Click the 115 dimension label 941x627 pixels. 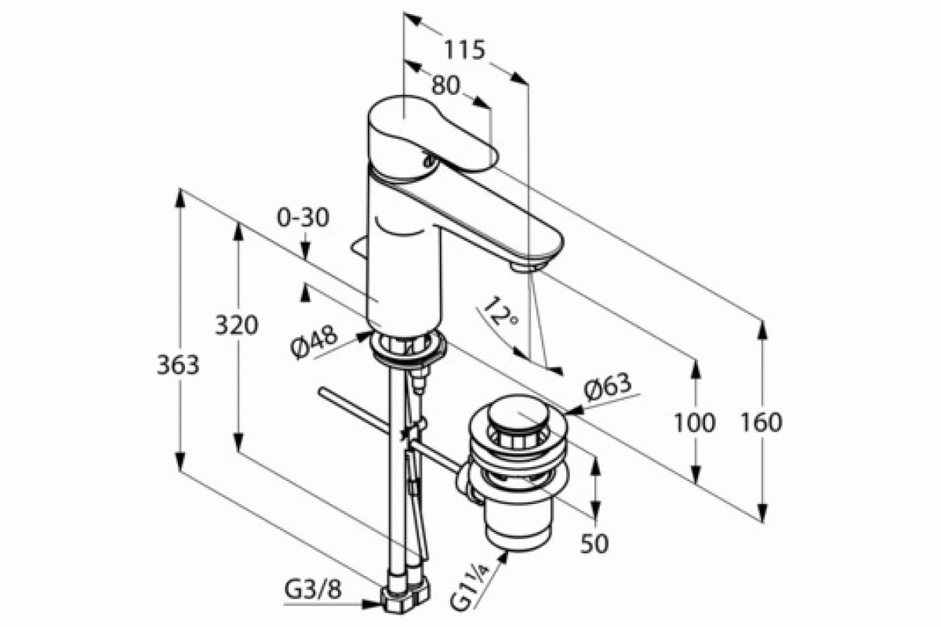(x=464, y=49)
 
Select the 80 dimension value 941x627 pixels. (x=445, y=85)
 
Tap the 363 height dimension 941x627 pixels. (x=178, y=364)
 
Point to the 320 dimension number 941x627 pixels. (x=237, y=325)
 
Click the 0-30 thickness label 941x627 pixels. (x=303, y=218)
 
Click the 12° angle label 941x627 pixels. (x=500, y=313)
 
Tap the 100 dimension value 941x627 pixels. (x=695, y=422)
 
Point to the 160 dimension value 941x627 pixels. (x=761, y=422)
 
